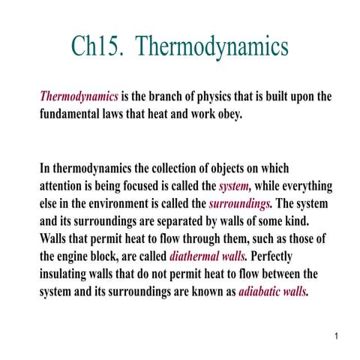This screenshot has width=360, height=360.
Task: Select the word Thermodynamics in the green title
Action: pos(214,46)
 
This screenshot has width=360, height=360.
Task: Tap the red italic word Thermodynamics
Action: pos(79,97)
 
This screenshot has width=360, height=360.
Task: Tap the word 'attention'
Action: pos(64,186)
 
